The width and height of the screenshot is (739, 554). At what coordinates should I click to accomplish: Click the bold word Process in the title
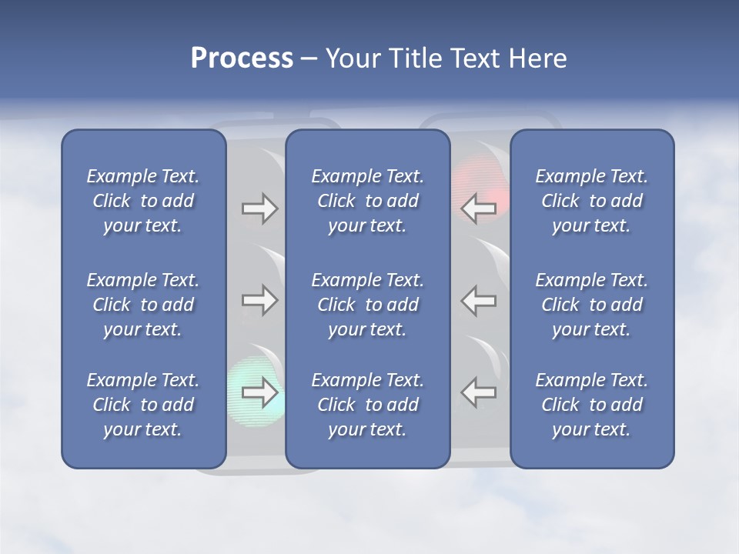tap(242, 58)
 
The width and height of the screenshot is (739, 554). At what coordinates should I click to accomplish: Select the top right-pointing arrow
tap(259, 209)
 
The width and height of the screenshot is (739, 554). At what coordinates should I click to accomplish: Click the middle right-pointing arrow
tap(259, 300)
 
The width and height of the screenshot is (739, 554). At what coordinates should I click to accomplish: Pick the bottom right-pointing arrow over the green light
tap(259, 392)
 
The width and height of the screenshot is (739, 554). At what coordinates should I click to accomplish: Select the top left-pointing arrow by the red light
tap(479, 209)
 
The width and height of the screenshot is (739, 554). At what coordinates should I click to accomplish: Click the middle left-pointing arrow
tap(479, 300)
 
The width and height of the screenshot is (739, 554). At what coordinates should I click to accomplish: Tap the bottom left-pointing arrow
tap(479, 392)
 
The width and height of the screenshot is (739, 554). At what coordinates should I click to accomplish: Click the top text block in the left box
tap(143, 201)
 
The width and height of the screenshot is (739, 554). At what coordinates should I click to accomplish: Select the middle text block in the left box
tap(143, 305)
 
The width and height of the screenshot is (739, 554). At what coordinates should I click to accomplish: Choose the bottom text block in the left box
tap(143, 405)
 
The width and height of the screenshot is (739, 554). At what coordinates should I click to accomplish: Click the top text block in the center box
tap(367, 201)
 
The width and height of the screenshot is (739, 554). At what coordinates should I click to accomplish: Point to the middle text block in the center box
tap(367, 305)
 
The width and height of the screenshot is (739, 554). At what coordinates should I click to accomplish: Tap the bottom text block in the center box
tap(367, 405)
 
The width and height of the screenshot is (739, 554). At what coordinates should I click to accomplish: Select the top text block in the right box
tap(591, 201)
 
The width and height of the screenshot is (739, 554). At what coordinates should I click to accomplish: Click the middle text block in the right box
tap(591, 305)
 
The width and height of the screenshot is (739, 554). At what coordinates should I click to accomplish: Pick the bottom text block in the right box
tap(591, 405)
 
